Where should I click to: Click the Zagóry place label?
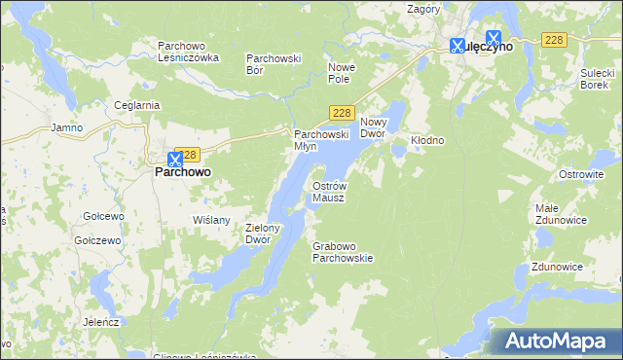coord(424,9)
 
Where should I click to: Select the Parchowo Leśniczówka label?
coord(189,52)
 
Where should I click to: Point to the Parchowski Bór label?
coord(274,64)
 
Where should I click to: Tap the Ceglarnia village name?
coord(136,106)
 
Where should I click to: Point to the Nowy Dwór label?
coord(374,127)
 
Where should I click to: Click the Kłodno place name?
coord(427,140)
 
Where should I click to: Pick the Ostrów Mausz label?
coord(329,191)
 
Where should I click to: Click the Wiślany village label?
coord(212,220)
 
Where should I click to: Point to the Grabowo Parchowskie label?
coord(343,253)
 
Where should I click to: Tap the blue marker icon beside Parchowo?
coord(175,158)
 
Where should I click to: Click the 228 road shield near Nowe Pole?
coord(341,113)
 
